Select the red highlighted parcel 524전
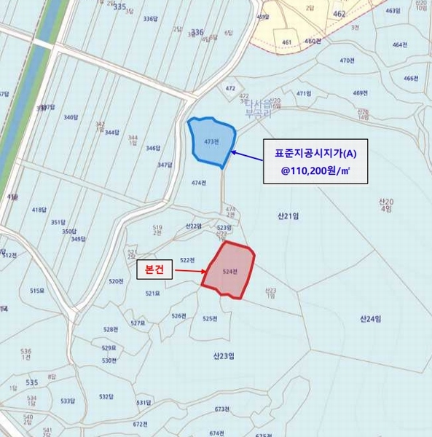point(229,271)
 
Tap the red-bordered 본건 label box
point(155,270)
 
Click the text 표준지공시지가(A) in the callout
point(315,154)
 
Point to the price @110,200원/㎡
point(315,173)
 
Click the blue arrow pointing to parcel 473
point(251,159)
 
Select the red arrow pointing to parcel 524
point(188,272)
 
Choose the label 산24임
point(371,318)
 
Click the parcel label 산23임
point(223,357)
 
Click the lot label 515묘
point(38,291)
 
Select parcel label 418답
point(39,210)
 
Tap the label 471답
point(303,94)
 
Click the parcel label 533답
point(68,401)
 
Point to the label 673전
point(222,409)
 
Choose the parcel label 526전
point(178,316)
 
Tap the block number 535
point(31,382)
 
